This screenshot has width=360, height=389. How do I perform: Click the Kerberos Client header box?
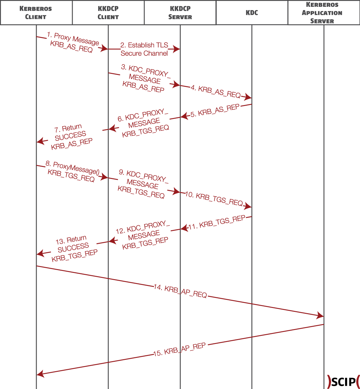click(x=36, y=13)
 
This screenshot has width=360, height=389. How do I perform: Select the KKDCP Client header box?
click(x=108, y=13)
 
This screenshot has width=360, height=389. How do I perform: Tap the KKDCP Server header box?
click(x=180, y=13)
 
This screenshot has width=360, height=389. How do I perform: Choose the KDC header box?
click(x=252, y=13)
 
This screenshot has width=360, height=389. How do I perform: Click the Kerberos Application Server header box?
click(x=324, y=13)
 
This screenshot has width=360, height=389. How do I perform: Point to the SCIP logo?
click(x=344, y=382)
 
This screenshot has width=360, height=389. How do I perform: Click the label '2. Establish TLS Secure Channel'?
click(x=144, y=49)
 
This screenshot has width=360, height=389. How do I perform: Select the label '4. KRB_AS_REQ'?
click(x=216, y=92)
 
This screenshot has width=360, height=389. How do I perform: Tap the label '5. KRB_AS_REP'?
click(x=215, y=111)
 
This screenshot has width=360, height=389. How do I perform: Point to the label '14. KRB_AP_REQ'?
click(x=180, y=291)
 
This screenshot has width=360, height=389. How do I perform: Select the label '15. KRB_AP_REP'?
click(x=179, y=350)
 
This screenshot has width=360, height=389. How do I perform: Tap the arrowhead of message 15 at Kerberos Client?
click(x=40, y=374)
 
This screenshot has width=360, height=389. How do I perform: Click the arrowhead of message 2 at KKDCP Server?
click(x=177, y=49)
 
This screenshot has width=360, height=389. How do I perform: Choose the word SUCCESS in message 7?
click(x=70, y=136)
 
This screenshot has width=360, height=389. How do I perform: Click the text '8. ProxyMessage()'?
click(x=73, y=168)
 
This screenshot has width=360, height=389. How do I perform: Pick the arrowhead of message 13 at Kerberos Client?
click(x=40, y=253)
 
